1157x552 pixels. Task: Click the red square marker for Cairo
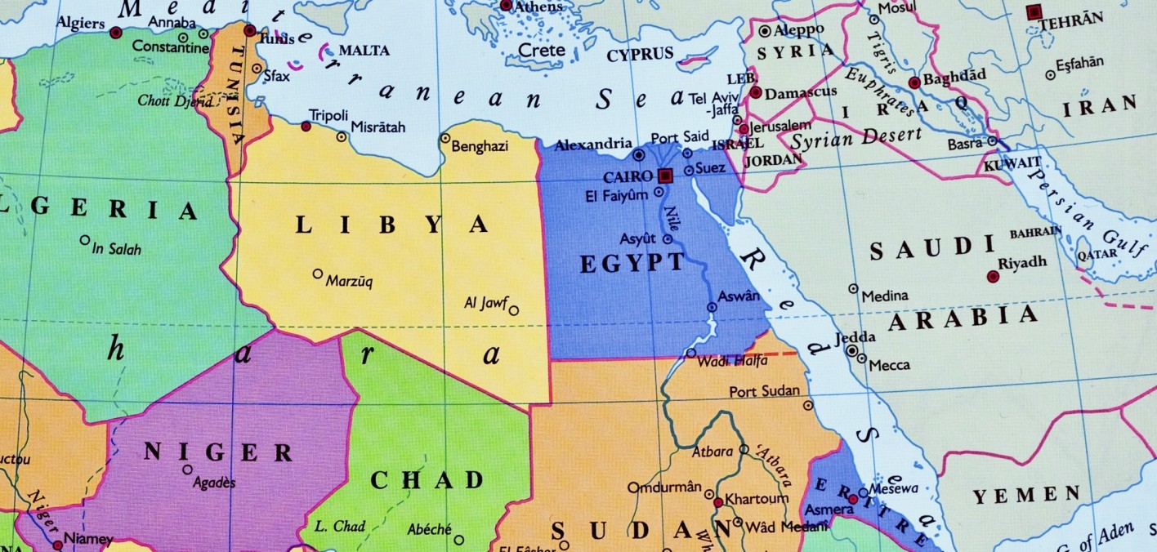pos(665,176)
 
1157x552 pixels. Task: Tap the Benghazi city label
pos(480,147)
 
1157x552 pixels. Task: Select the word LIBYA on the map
pos(391,225)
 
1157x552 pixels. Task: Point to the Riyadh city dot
pos(993,277)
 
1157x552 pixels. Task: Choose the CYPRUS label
pos(640,55)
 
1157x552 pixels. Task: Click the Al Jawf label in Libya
pos(486,304)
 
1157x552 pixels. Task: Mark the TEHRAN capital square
pos(1034,12)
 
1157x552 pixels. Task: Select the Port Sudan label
pos(764,392)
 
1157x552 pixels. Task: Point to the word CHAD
pos(427,480)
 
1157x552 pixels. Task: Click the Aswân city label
pos(739,296)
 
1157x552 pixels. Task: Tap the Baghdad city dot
pos(914,82)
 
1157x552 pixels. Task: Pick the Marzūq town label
pos(350,283)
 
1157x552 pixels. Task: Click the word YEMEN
pos(1027,495)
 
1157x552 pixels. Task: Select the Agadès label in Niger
pos(213,483)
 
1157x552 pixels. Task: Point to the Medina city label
pos(884,296)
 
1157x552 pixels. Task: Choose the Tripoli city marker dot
pos(306,127)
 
